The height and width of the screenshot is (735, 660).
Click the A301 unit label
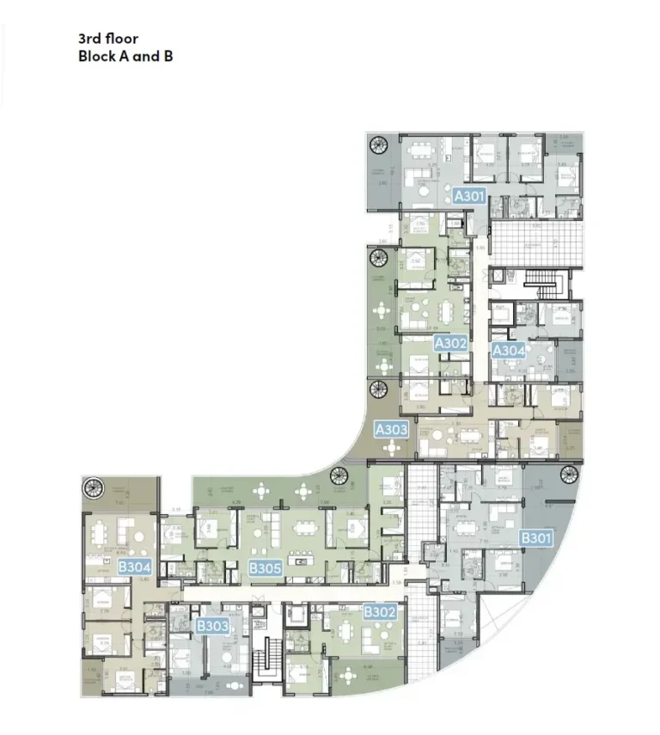(x=470, y=196)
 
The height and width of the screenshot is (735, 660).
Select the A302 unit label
(x=450, y=343)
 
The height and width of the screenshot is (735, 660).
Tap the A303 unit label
(x=392, y=427)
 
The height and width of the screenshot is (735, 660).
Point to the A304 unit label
(x=508, y=350)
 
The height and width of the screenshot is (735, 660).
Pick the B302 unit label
(x=379, y=612)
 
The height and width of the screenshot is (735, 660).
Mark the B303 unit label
(x=212, y=626)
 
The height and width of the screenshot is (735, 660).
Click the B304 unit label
(x=135, y=567)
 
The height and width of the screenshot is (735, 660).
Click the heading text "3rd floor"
(x=107, y=39)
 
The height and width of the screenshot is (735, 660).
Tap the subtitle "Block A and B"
(x=125, y=57)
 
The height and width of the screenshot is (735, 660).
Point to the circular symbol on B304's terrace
(x=91, y=488)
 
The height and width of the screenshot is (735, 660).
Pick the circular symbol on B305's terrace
(x=338, y=475)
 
